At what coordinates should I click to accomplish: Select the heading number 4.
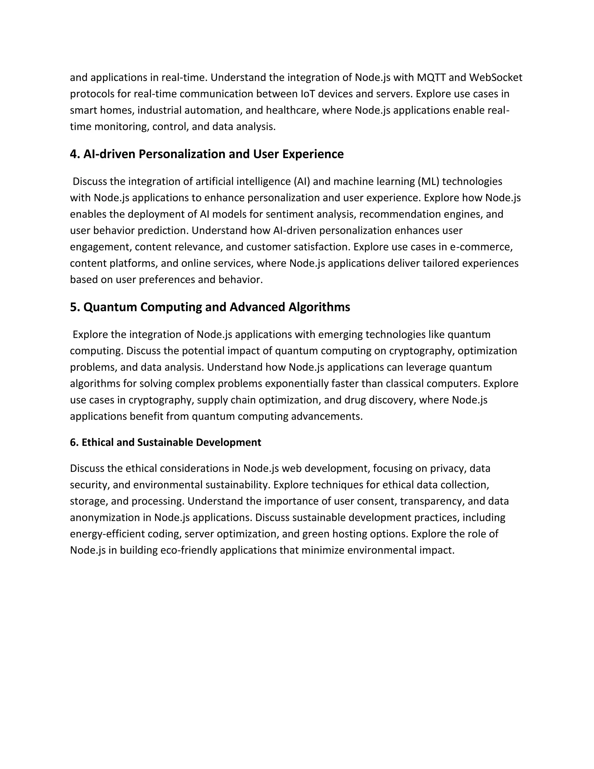pos(75,154)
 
